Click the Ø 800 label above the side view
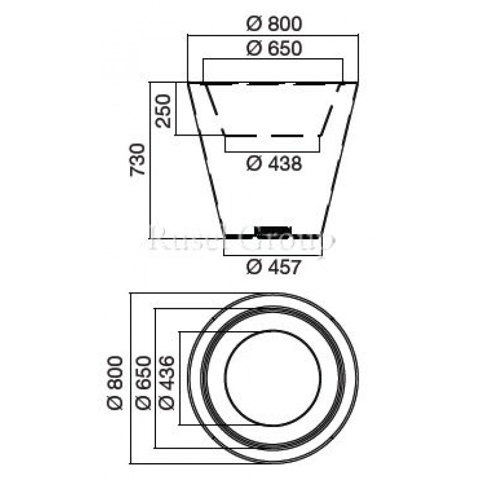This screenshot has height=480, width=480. coord(274,25)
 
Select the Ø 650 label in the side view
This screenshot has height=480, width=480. coord(274,49)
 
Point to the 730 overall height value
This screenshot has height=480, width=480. coord(138,160)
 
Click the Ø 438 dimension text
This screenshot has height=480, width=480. coord(274,163)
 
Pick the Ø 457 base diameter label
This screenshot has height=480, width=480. coord(274,268)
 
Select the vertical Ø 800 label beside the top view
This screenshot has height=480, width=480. coord(116,382)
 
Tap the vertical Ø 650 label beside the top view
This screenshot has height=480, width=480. coord(143,382)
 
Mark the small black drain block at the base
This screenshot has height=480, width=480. coord(273,229)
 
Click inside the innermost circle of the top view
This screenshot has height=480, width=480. coord(273,378)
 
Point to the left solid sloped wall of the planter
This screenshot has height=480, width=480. coord(206,159)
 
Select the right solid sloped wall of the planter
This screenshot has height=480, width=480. coord(341,159)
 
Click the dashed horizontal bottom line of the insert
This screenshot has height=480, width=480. coord(273,135)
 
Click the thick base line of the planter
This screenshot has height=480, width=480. coord(240,236)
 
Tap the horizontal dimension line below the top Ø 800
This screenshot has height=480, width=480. coord(274,35)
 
